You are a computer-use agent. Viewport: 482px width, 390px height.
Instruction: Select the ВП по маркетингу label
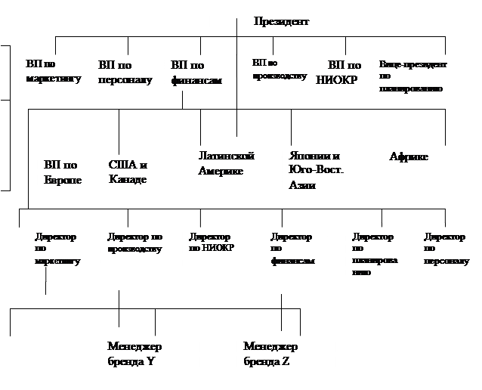(x=52, y=73)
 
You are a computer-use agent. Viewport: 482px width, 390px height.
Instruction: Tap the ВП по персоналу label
(x=125, y=73)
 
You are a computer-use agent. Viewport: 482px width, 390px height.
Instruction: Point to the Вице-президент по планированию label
(x=412, y=77)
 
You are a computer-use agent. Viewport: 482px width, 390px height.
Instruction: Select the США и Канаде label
(x=128, y=172)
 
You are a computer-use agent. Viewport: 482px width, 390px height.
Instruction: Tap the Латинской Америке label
(x=227, y=163)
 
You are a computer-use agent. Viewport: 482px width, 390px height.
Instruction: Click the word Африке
(x=409, y=157)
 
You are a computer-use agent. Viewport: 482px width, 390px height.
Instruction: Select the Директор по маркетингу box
(x=58, y=250)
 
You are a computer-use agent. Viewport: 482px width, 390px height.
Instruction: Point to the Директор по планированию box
(x=375, y=255)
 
